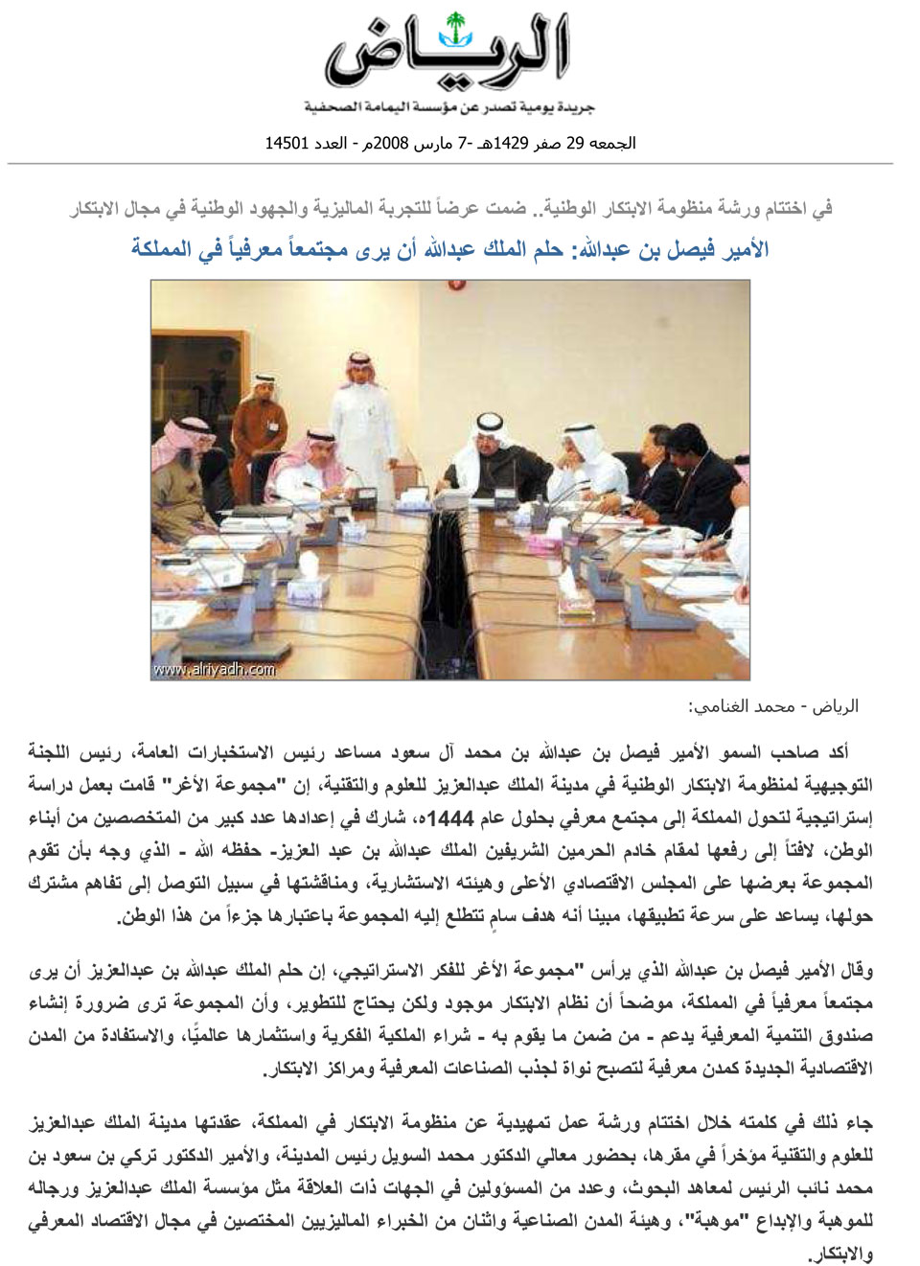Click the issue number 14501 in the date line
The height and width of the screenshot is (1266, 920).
pyautogui.click(x=285, y=144)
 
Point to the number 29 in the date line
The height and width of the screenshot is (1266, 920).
pyautogui.click(x=573, y=144)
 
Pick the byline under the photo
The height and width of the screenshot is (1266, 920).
pyautogui.click(x=772, y=707)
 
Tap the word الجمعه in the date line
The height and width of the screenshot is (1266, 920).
pyautogui.click(x=613, y=144)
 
